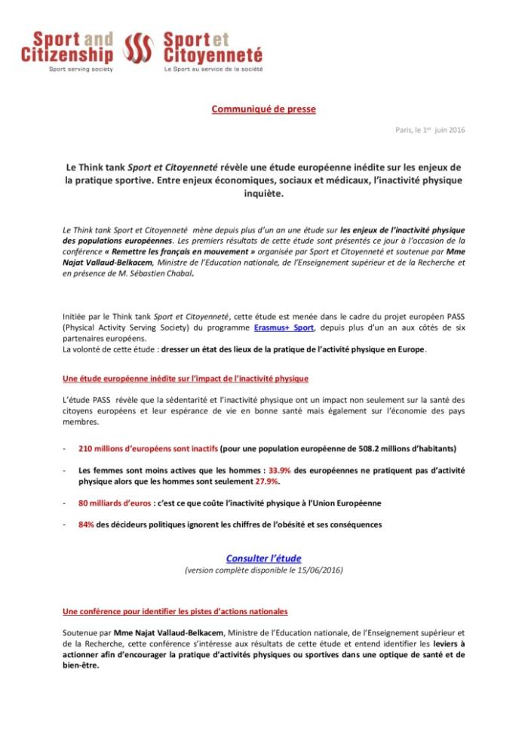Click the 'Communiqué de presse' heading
coord(263,109)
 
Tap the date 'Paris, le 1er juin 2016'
coord(430,130)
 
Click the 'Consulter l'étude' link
coord(263,558)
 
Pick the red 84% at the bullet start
coord(86,524)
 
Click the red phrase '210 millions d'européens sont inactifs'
coord(148,448)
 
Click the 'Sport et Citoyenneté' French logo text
coord(213,47)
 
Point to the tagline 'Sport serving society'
coord(81,69)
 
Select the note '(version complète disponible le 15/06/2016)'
coord(263,570)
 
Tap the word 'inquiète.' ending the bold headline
coord(263,193)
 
